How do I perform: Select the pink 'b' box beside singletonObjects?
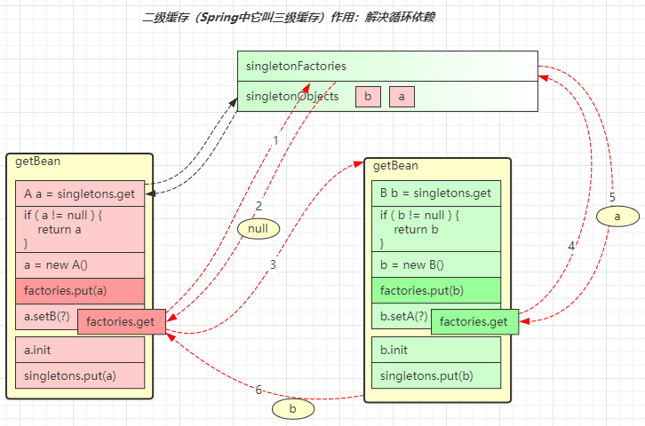point(368,97)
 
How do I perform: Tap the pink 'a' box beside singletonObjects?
point(402,97)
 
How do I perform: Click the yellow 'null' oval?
point(259,229)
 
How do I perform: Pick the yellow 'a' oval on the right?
point(616,215)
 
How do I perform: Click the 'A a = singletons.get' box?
point(80,193)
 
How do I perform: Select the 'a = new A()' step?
point(80,264)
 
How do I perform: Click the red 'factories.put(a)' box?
point(80,290)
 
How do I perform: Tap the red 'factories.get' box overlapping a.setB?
point(122,321)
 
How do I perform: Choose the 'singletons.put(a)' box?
point(80,375)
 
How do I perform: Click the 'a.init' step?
point(80,350)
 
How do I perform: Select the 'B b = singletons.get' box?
point(436,193)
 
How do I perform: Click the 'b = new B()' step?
point(436,264)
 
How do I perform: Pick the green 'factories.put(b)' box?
point(436,290)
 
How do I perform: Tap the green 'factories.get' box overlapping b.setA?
point(474,321)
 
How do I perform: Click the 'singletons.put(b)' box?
point(436,375)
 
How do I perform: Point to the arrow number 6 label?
point(259,390)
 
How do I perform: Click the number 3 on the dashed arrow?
point(273,264)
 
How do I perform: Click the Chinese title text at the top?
point(289,18)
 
